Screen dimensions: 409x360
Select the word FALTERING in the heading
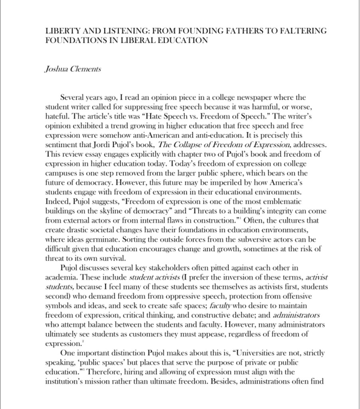306,31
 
